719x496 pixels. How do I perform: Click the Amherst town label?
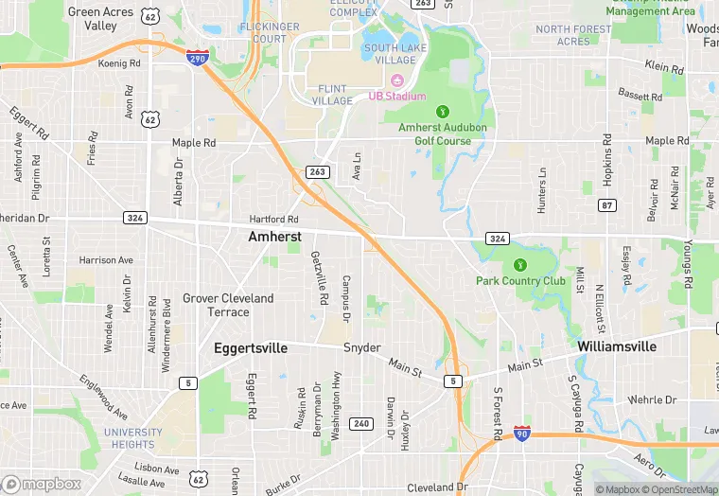coord(274,237)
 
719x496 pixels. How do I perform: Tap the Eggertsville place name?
coord(251,348)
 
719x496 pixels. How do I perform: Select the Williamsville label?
coord(617,346)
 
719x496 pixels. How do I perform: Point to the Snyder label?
coord(361,347)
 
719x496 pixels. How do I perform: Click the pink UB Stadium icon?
coord(397,82)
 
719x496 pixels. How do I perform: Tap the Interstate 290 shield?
coord(198,59)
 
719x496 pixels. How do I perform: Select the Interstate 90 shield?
coord(521,434)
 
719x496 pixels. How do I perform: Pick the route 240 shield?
coord(360,423)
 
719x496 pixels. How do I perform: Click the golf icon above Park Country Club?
coord(519,265)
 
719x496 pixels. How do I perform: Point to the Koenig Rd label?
coord(119,64)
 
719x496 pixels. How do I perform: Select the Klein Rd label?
coord(664,67)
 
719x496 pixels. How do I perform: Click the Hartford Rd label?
coord(273,220)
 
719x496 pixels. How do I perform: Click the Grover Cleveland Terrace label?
coord(228,305)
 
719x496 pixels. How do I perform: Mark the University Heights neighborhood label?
coord(132,438)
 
